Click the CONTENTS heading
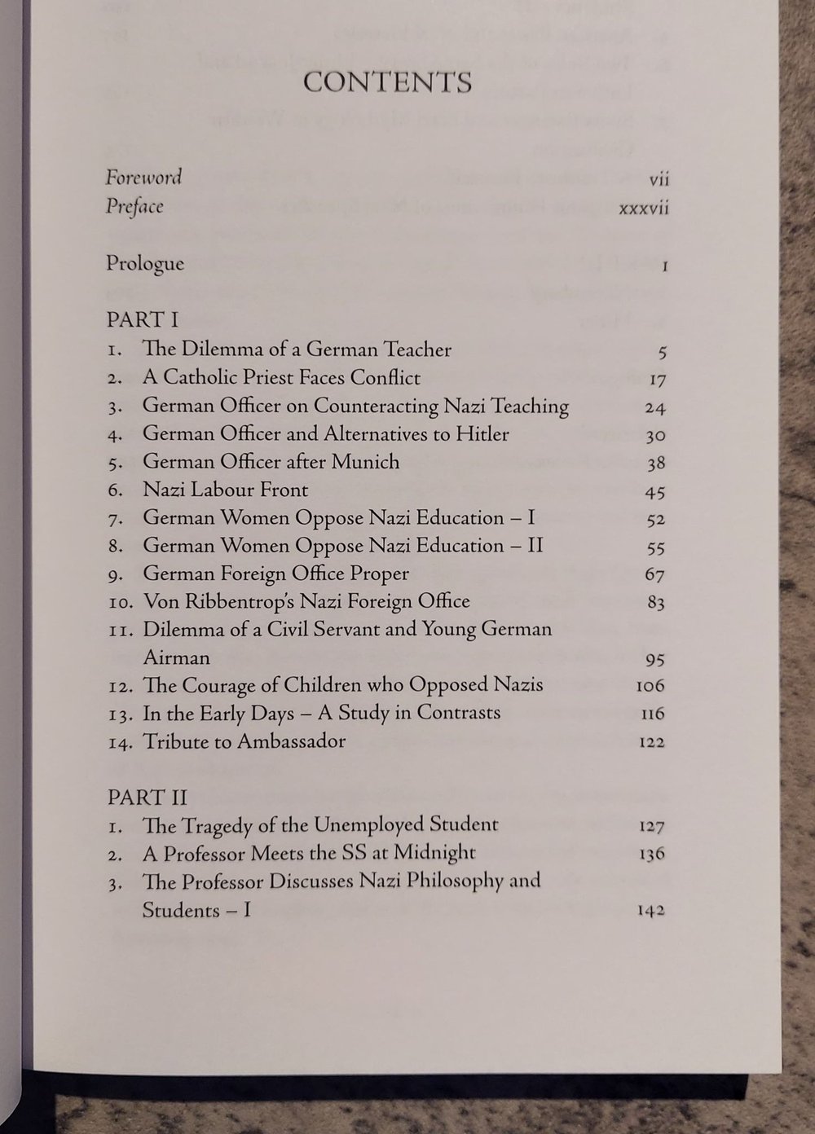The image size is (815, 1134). coord(387,83)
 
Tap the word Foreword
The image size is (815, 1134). coord(143,177)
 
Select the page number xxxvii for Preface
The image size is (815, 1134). coord(643,208)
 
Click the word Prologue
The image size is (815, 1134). coord(145,264)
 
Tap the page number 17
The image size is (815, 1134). coord(657,380)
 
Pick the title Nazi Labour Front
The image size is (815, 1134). coord(227,490)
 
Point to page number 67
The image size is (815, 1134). coord(655,575)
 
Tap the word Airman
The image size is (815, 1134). coord(176,657)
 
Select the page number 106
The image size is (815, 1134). coord(650,686)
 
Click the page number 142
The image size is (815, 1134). coord(650,911)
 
